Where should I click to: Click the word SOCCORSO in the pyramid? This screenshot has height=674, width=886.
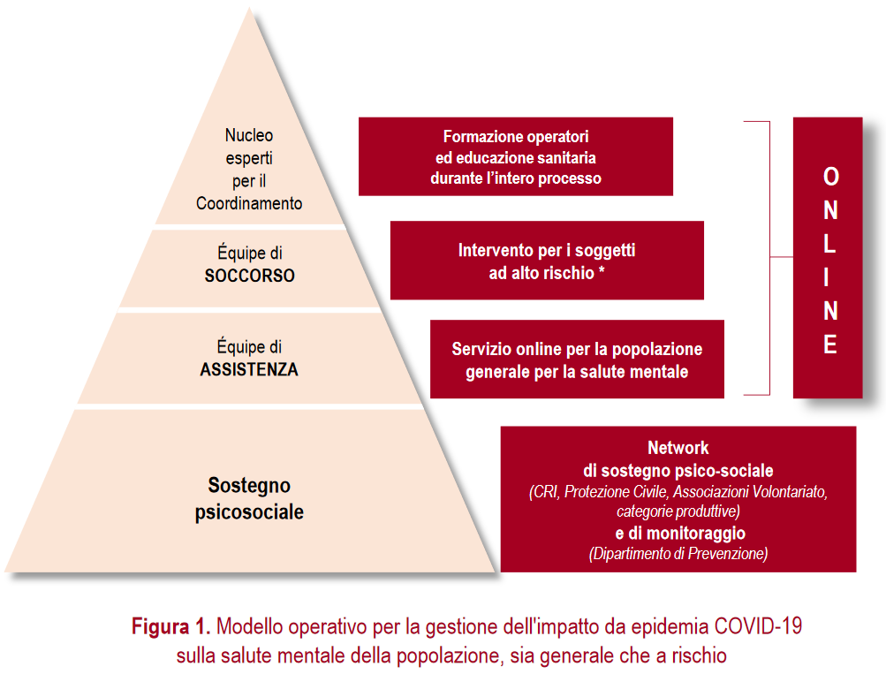249,276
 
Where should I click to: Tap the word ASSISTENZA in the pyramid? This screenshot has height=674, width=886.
249,370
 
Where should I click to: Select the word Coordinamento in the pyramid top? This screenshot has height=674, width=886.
249,204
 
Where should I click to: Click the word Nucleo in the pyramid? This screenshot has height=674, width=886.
249,135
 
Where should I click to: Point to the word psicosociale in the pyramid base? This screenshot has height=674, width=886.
249,511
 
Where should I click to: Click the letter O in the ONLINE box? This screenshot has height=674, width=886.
830,177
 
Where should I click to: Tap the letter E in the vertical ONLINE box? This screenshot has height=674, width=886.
830,345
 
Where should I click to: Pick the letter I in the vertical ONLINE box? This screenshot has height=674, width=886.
830,277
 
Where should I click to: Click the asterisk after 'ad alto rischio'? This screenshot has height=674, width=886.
602,272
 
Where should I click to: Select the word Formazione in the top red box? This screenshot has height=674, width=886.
479,138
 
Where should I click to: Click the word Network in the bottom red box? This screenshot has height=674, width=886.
678,448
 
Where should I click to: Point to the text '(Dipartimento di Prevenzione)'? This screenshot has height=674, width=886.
678,554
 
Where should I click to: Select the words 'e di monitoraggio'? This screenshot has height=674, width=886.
679,533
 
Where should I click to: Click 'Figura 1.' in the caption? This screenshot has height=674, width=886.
171,628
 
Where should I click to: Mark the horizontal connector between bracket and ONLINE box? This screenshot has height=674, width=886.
781,257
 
